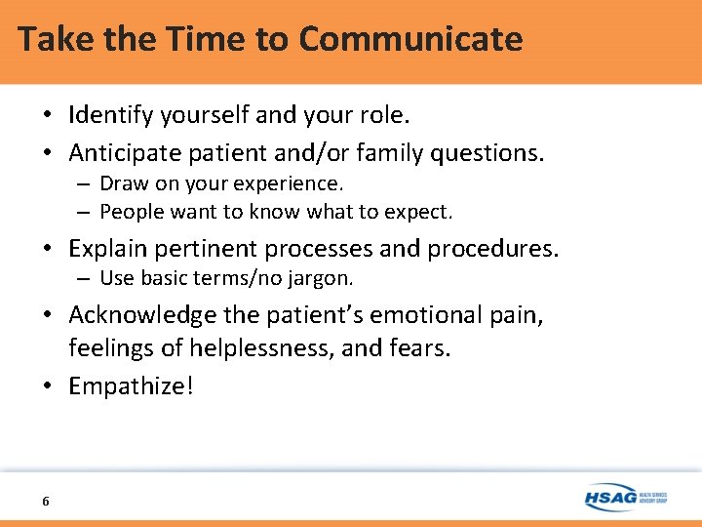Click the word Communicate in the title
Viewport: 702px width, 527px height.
[410, 39]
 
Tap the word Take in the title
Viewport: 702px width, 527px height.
[49, 39]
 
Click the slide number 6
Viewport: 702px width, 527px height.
[46, 501]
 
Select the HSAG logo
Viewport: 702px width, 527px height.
[624, 497]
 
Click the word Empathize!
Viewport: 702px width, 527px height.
[131, 385]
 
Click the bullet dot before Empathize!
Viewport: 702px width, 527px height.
[48, 386]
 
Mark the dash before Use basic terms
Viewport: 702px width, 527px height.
[85, 279]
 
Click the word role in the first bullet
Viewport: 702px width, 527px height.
[384, 115]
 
